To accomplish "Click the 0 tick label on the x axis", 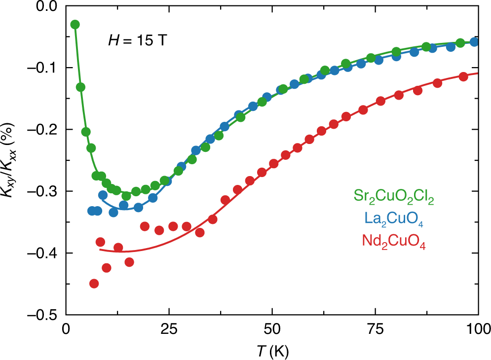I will (66, 328).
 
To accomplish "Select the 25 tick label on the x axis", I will (169, 328).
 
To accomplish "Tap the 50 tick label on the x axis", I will (272, 328).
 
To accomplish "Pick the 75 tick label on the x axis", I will (375, 328).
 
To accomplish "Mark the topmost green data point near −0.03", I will (75, 25).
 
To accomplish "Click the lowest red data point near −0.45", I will (94, 284).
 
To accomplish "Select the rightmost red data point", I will (463, 76).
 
